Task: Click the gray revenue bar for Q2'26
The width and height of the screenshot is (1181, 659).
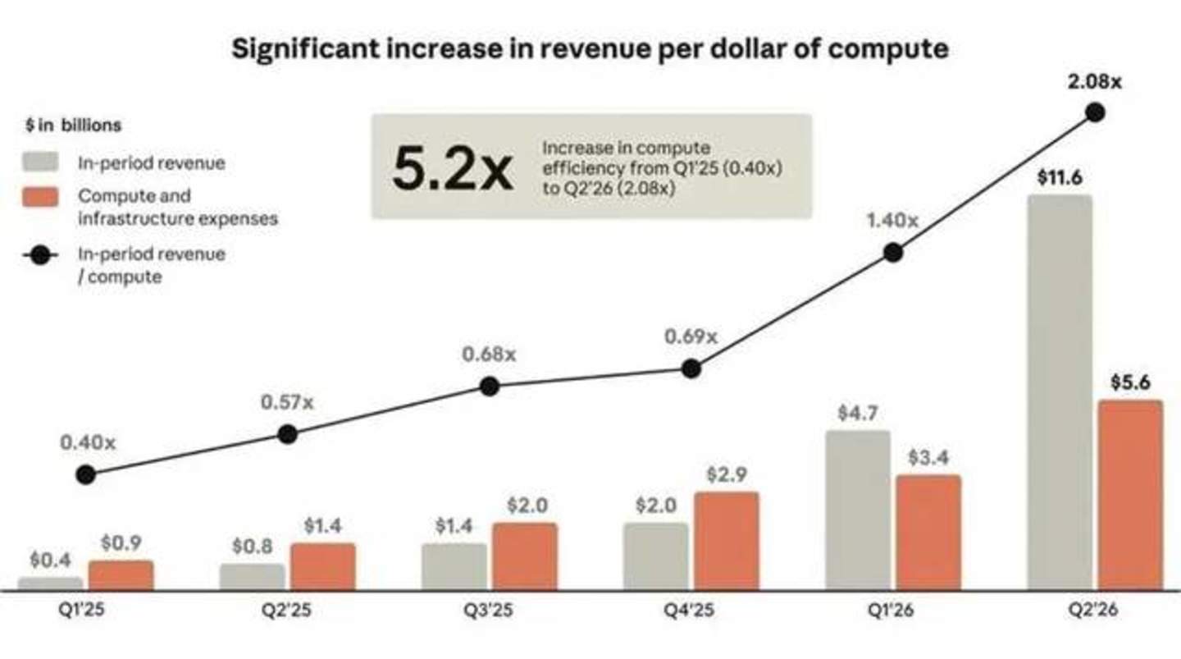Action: (x=1060, y=392)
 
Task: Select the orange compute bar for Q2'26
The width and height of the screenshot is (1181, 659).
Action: (x=1130, y=495)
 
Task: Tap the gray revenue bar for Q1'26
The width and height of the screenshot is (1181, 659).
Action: (x=858, y=510)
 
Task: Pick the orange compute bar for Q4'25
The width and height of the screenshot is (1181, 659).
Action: (x=727, y=541)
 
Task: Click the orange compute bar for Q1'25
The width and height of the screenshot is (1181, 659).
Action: (x=121, y=575)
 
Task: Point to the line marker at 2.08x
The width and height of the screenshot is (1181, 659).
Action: (x=1095, y=112)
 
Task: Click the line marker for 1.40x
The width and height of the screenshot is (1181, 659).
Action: (x=893, y=253)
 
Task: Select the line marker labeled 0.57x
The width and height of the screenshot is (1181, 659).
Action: (x=287, y=434)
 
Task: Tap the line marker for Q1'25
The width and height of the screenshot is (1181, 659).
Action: (x=86, y=475)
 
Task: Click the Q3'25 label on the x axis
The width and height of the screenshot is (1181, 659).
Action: (x=488, y=610)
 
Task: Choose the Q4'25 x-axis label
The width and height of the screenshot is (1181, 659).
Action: (x=689, y=610)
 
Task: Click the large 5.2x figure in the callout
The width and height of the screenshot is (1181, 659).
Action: (x=453, y=167)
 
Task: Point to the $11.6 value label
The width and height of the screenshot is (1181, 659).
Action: (x=1060, y=178)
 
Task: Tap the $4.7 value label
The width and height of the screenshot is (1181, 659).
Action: (x=858, y=413)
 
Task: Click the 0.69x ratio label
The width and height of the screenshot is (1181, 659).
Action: (x=691, y=336)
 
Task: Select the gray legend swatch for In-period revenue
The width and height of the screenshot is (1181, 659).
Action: (x=41, y=162)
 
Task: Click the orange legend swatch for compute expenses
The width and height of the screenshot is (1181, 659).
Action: (x=41, y=197)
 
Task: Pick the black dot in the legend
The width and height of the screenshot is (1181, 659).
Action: (x=41, y=255)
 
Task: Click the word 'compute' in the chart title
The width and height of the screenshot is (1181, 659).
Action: (x=888, y=49)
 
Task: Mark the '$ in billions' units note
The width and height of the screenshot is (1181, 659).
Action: (x=73, y=125)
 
